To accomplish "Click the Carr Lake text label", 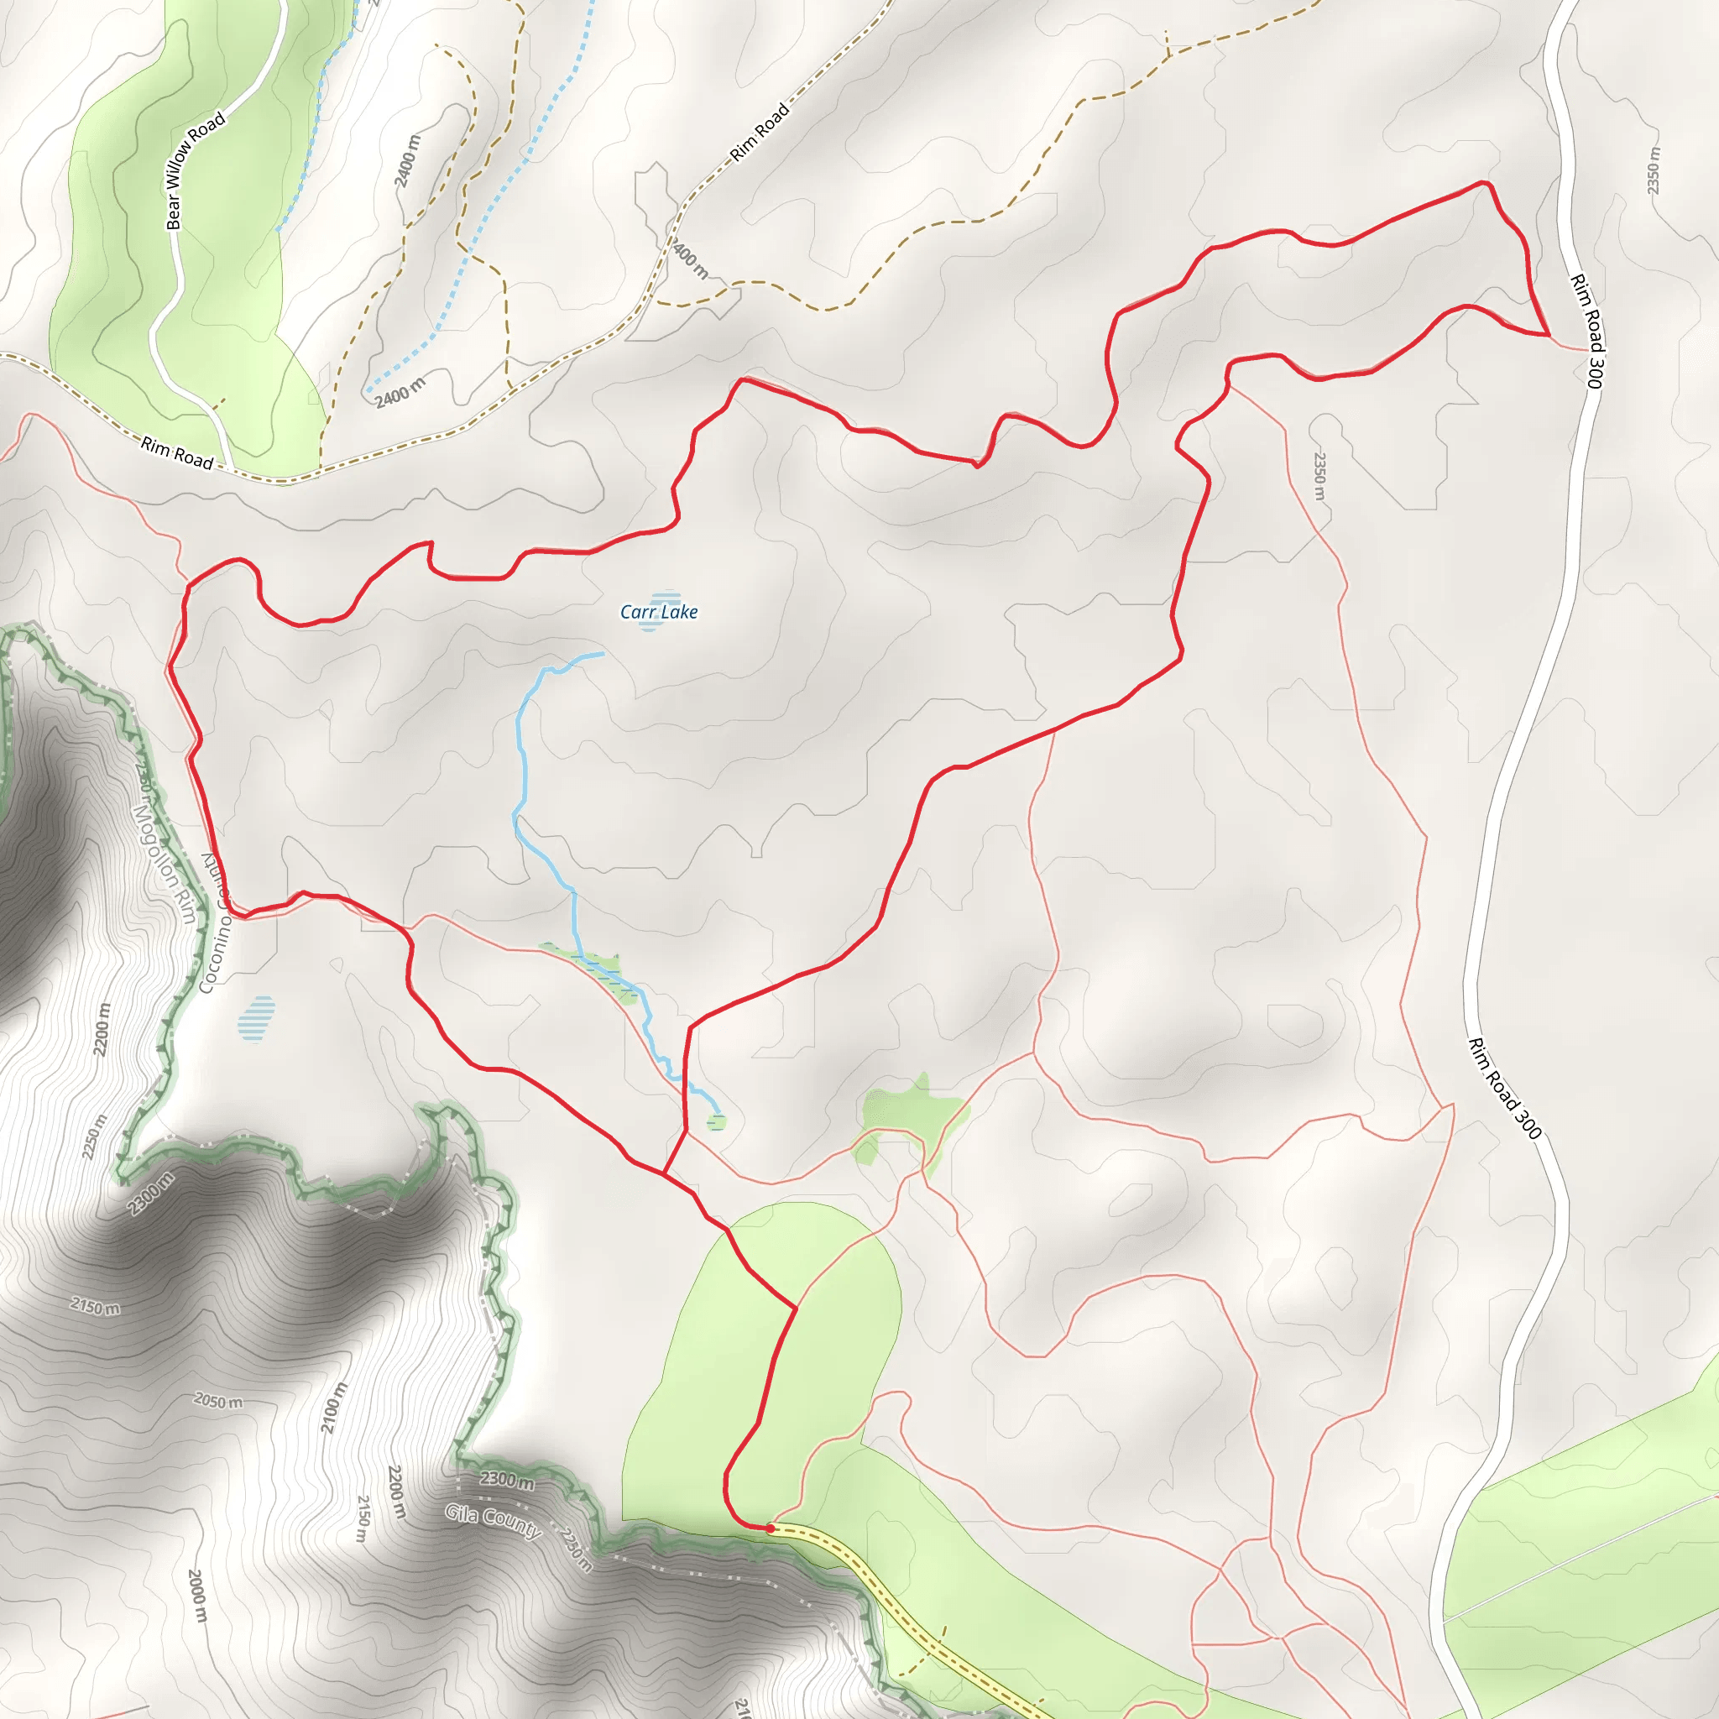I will pos(658,611).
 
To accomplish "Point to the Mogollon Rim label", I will pos(164,863).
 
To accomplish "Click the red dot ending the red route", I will pos(770,1528).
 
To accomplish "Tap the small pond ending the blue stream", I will pos(716,1122).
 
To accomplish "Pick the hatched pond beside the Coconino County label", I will pos(256,1018).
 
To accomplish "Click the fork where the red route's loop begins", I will pos(664,1174).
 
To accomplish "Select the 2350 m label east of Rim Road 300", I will pos(1652,171).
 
